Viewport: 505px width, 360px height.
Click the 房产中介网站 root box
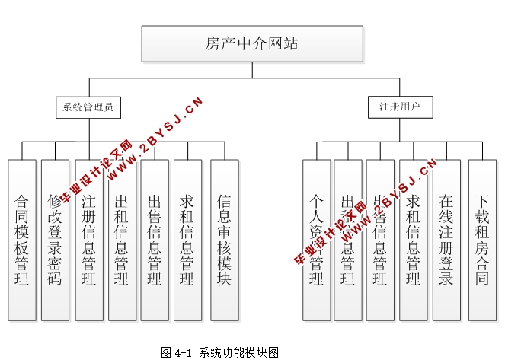pos(251,44)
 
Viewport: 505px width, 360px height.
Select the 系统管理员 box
pos(88,107)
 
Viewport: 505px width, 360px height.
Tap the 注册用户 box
pos(400,107)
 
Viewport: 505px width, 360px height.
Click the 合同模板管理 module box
pos(22,240)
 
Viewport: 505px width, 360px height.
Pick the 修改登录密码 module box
pos(55,240)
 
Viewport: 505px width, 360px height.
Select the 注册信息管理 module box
pos(88,240)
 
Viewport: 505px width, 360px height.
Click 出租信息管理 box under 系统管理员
pos(121,240)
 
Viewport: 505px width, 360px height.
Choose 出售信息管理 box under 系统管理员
pos(154,240)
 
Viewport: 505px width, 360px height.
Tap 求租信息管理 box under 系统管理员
pos(187,240)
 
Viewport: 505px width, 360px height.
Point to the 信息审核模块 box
pos(224,240)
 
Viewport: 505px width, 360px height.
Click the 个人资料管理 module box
pos(316,240)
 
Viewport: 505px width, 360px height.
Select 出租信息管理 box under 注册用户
pos(348,240)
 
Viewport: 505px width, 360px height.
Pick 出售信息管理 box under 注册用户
pos(380,240)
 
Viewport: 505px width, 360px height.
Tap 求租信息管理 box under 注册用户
pos(414,240)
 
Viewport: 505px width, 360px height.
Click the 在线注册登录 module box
pos(446,240)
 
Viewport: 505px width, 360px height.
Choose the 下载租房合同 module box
pos(481,240)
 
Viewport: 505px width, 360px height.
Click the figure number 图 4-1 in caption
pos(178,352)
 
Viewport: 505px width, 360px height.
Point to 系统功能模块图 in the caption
pos(239,352)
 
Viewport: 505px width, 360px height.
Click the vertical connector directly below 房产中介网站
pos(251,70)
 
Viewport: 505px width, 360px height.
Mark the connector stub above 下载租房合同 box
pos(481,151)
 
